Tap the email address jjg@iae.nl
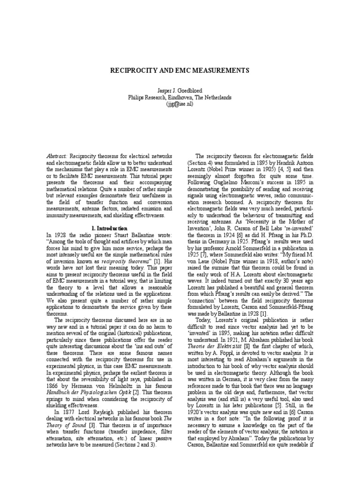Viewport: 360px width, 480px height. [x=180, y=105]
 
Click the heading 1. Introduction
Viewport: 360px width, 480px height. [x=107, y=228]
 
